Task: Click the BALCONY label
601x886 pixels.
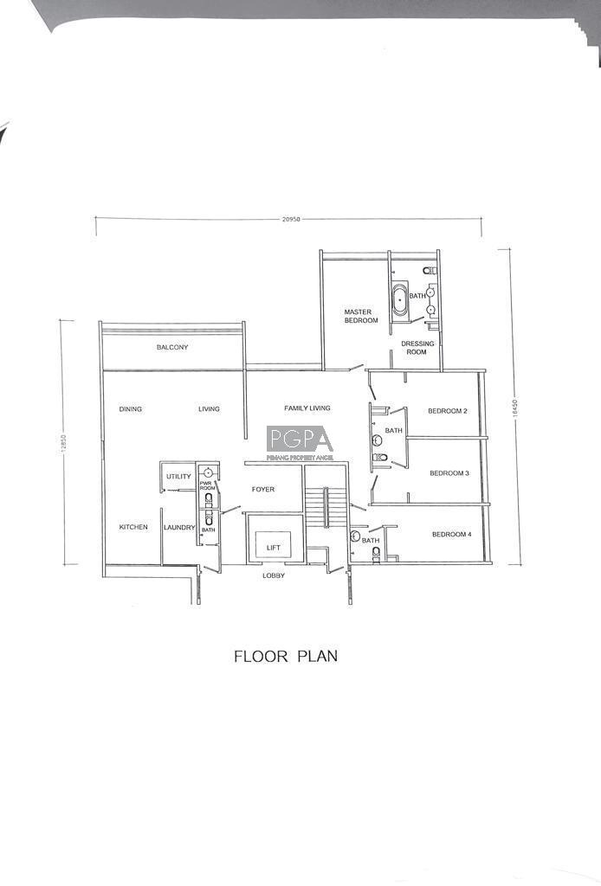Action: [x=172, y=347]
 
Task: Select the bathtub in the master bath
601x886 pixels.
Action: [x=400, y=298]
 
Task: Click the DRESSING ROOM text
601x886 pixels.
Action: [x=417, y=348]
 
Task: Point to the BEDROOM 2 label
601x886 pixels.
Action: [x=447, y=411]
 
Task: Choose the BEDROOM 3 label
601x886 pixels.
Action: [x=449, y=473]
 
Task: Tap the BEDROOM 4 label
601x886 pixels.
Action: [x=452, y=534]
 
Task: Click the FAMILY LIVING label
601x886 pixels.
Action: [x=307, y=408]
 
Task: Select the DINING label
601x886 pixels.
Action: [x=131, y=408]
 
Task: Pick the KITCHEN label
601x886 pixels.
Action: [x=133, y=527]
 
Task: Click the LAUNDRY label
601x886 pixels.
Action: [x=179, y=527]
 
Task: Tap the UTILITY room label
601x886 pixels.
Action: [x=178, y=477]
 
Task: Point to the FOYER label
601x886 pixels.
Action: [x=263, y=490]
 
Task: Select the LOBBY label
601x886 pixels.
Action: [x=274, y=575]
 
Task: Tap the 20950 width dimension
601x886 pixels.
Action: [x=291, y=219]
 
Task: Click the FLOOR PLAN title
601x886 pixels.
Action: [x=286, y=656]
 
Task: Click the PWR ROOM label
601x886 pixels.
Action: [x=208, y=485]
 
